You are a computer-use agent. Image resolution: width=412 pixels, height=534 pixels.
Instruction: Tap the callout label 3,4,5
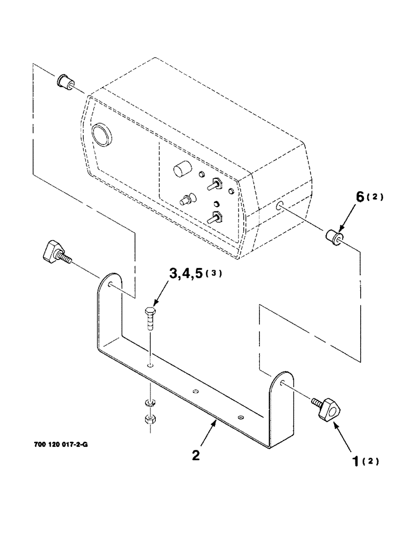188,274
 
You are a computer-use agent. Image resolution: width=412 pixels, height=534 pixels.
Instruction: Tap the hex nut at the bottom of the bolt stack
149,420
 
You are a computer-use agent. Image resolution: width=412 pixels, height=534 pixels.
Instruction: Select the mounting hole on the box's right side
280,205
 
